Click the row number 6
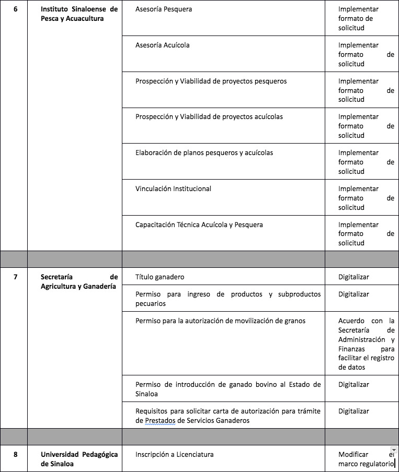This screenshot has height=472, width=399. coord(15,9)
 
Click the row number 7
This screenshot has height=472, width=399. coord(15,277)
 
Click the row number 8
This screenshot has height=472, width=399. coord(15,455)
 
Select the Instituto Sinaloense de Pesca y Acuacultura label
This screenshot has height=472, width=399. coord(79,14)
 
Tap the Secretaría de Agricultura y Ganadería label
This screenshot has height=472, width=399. coord(79,282)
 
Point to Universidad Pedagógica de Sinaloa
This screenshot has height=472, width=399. coord(79,459)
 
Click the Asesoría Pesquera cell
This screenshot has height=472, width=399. coord(164,9)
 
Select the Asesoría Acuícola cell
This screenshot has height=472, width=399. coord(163,45)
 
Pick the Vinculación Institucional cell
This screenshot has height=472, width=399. coord(173,189)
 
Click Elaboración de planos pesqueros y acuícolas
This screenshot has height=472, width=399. coord(204,153)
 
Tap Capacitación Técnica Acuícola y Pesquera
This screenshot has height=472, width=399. coord(199,225)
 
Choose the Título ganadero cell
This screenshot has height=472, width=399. coord(159,277)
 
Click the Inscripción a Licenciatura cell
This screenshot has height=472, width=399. coord(174,455)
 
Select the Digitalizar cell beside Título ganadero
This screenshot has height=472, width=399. coord(354,277)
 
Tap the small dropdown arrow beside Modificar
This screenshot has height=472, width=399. coord(394,450)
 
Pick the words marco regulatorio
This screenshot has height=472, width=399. coord(365,464)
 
